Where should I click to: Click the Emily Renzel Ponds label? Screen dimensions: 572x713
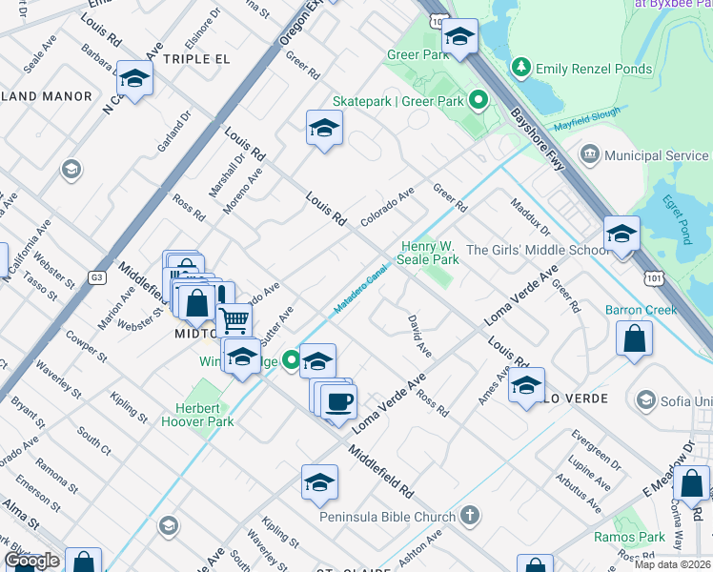[x=594, y=69]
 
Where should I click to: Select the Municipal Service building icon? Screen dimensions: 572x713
[x=589, y=155]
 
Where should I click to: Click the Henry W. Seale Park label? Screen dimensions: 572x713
[x=430, y=253]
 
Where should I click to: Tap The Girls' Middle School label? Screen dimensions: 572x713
[x=538, y=251]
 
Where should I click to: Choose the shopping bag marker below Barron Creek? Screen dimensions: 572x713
[x=634, y=339]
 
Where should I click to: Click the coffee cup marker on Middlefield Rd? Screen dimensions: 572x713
[x=337, y=399]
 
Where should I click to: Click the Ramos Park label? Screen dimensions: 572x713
[x=642, y=538]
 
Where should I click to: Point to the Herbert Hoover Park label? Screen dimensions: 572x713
[x=197, y=414]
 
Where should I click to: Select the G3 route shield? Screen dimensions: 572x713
[x=96, y=277]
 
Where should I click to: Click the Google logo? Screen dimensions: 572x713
[x=31, y=561]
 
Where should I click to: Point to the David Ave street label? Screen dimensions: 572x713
[x=419, y=337]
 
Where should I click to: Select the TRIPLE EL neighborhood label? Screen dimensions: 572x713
[x=197, y=59]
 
